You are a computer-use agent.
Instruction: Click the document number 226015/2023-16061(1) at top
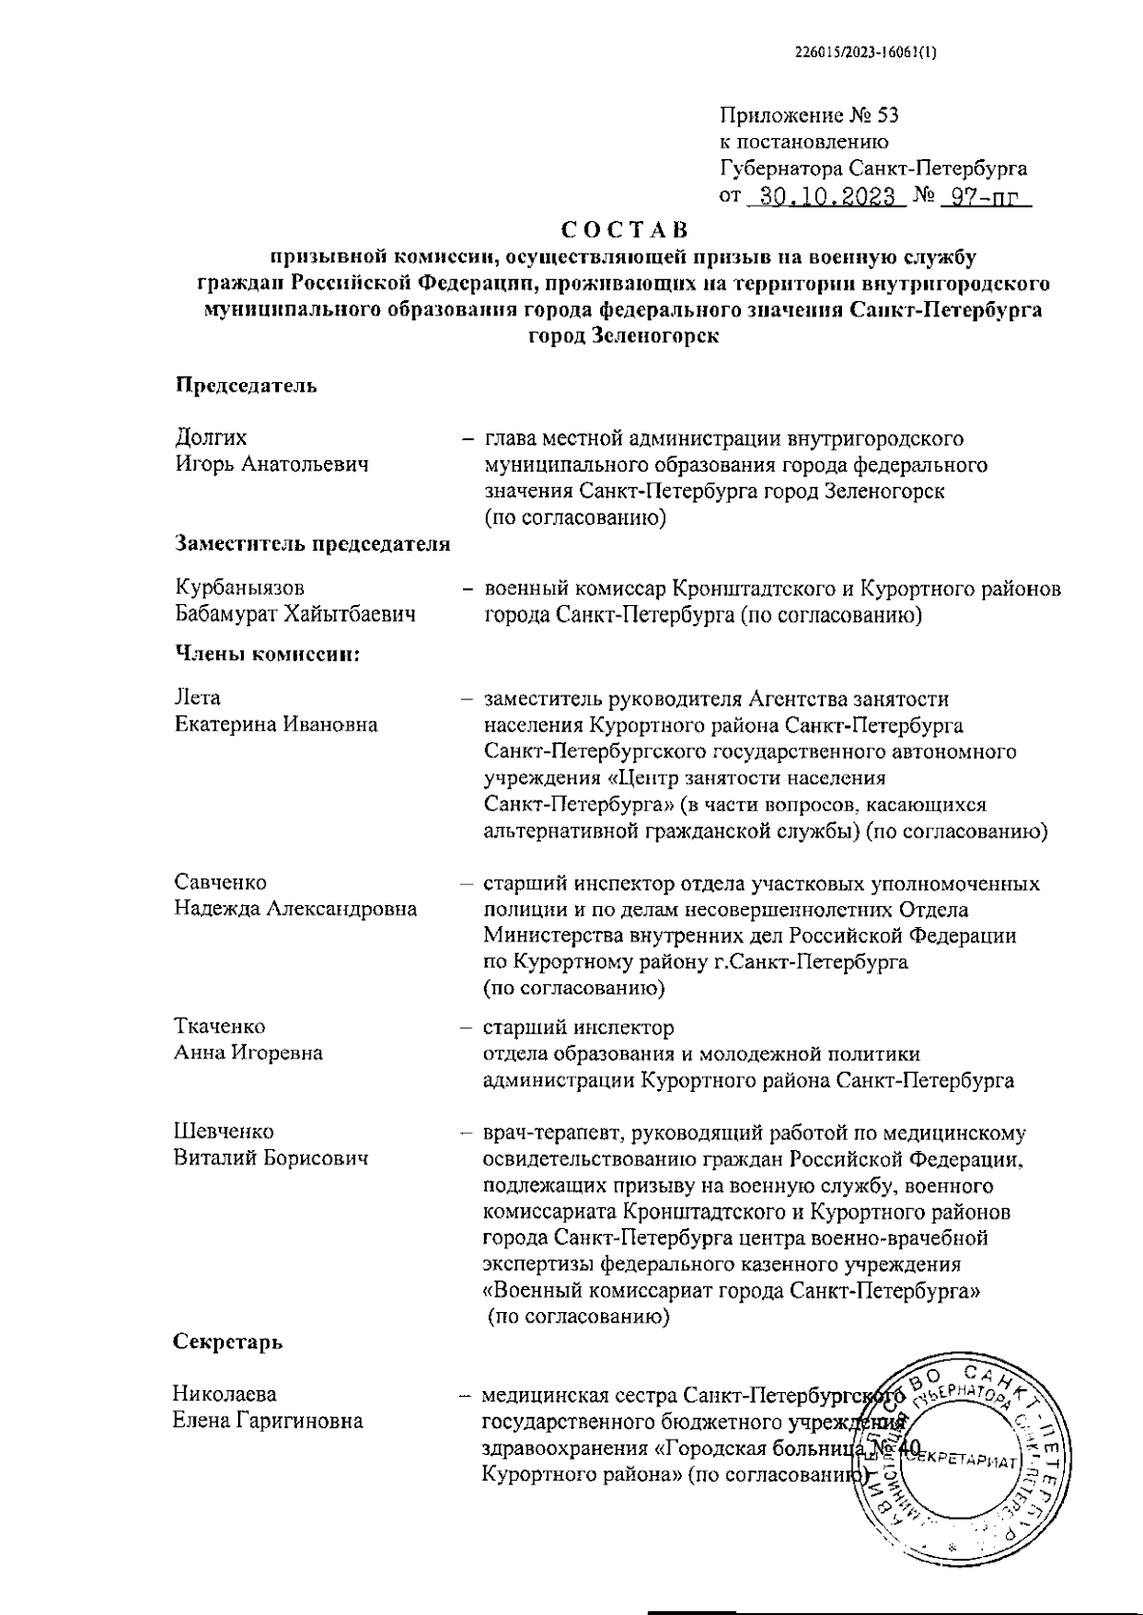tap(866, 53)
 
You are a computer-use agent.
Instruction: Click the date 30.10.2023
tap(824, 197)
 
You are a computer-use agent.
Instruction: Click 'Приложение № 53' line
tap(809, 116)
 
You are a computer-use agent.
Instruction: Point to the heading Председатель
tap(246, 386)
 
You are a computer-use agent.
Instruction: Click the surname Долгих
tap(211, 437)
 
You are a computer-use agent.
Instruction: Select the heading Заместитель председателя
tap(312, 544)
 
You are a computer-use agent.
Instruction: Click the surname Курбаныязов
tap(240, 589)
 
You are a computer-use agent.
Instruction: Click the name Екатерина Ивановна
tap(276, 724)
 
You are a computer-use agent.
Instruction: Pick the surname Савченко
tap(220, 882)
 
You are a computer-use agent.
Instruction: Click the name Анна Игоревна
tap(248, 1053)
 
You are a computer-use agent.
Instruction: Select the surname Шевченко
tap(223, 1132)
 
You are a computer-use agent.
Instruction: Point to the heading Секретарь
tap(228, 1342)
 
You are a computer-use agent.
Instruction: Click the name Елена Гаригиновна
tap(268, 1422)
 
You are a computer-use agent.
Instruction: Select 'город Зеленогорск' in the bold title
tap(624, 335)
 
